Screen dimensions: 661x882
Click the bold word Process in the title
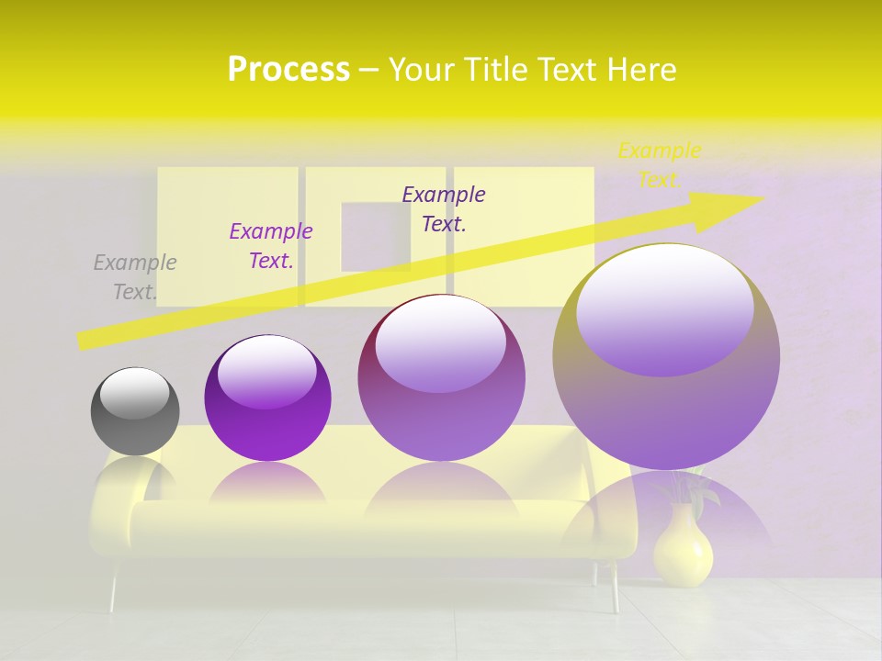[x=288, y=70]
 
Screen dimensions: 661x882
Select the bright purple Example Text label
[x=271, y=246]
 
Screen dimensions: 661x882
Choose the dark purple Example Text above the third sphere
[x=444, y=208]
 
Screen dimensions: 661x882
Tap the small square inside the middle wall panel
[x=376, y=236]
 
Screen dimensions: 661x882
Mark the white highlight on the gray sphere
[x=134, y=393]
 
